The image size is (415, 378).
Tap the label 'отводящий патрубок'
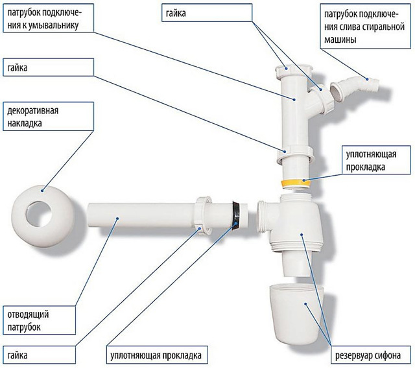click(24, 320)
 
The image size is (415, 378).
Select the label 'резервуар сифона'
click(372, 355)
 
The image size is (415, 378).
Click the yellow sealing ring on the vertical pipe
click(297, 183)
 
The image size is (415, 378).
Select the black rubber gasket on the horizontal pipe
click(237, 216)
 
